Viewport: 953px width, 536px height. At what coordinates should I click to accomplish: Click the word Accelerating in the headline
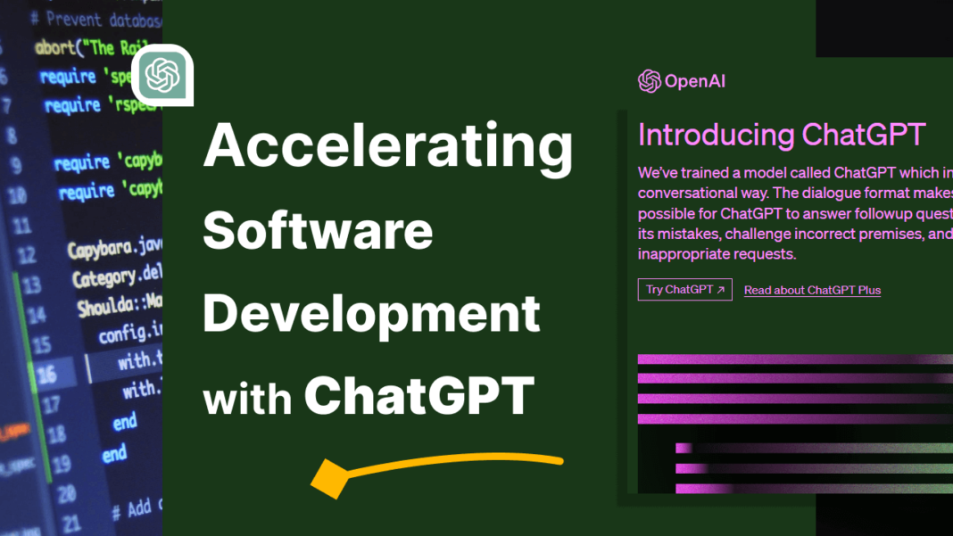(x=387, y=148)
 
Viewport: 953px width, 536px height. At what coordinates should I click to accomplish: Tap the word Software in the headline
(x=318, y=232)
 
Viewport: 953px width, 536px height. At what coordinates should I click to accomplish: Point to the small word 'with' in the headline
(x=247, y=400)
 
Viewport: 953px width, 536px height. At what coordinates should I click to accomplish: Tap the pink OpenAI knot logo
(x=649, y=81)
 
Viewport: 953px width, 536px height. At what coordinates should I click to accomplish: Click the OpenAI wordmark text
(x=695, y=82)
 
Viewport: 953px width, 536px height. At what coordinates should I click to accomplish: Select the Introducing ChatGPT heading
(x=782, y=135)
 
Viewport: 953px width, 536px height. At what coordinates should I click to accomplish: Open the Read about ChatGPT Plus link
(x=812, y=290)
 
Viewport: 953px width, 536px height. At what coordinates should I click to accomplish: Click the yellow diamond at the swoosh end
(x=327, y=479)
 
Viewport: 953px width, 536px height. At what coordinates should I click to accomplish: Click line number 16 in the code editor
(x=46, y=372)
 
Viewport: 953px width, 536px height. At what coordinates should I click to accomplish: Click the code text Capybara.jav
(x=114, y=248)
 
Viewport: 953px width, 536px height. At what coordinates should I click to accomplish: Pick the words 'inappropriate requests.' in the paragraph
(x=716, y=254)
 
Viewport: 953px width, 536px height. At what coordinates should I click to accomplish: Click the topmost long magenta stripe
(x=794, y=360)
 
